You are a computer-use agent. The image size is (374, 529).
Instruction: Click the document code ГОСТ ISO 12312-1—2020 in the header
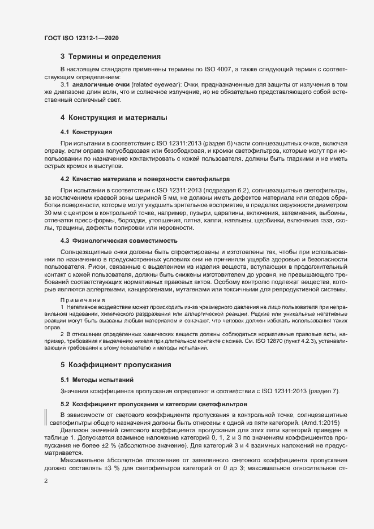81,38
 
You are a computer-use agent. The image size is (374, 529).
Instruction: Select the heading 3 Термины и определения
111,57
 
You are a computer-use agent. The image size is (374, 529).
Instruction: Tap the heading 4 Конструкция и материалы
113,118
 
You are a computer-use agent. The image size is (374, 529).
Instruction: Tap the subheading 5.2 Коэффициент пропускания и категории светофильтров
146,405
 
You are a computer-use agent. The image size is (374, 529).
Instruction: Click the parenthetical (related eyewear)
155,84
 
